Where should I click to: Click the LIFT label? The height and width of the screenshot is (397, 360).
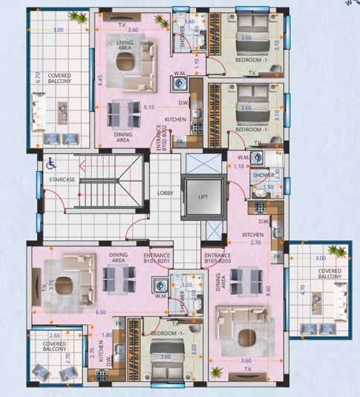point(203,198)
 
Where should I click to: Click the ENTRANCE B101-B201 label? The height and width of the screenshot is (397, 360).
point(157,257)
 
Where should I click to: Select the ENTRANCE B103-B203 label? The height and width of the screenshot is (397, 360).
point(217,257)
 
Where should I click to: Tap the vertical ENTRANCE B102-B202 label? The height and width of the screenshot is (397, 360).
point(160,137)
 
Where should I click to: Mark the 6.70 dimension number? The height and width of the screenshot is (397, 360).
point(36,75)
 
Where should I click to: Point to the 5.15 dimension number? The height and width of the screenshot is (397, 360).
point(149,107)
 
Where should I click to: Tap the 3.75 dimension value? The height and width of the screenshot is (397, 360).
point(40,285)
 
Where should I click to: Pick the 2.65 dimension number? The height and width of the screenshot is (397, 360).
point(54,337)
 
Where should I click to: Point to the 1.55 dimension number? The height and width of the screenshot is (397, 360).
point(188,284)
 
